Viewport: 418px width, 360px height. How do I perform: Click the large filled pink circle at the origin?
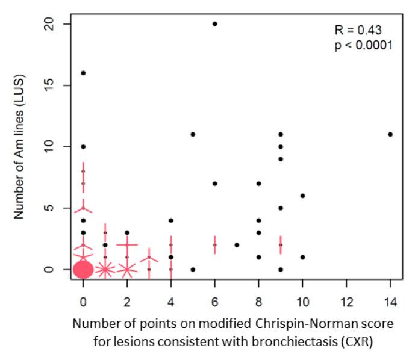pos(83,270)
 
